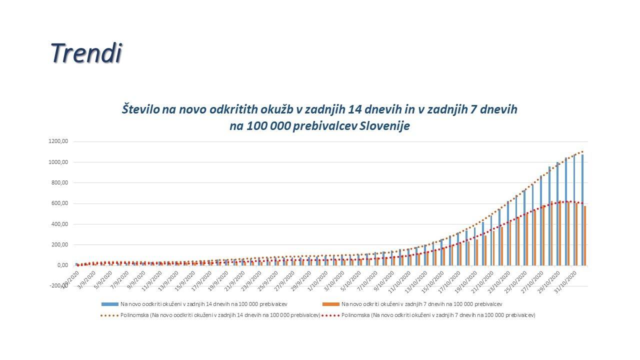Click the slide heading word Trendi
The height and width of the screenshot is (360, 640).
pos(86,53)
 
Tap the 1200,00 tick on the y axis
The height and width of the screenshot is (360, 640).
pos(58,141)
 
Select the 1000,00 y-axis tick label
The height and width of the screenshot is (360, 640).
pos(58,162)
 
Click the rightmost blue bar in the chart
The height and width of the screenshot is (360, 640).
pos(582,210)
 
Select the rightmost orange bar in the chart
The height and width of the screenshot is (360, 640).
pos(585,235)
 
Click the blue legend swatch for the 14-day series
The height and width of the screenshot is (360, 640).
pos(109,304)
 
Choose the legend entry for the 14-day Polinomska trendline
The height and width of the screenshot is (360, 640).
pos(210,315)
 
